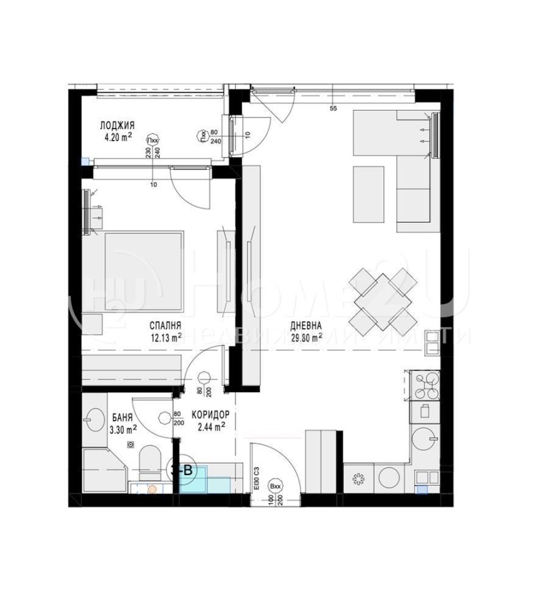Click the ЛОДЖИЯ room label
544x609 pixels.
[x=117, y=125]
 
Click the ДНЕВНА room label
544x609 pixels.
[x=305, y=325]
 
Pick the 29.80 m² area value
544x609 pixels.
[x=305, y=335]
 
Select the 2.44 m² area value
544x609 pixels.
[x=211, y=428]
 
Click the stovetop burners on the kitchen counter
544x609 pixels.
[x=425, y=385]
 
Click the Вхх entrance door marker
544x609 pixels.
[x=276, y=487]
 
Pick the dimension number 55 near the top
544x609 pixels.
[x=333, y=109]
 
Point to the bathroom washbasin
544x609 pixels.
[x=95, y=416]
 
